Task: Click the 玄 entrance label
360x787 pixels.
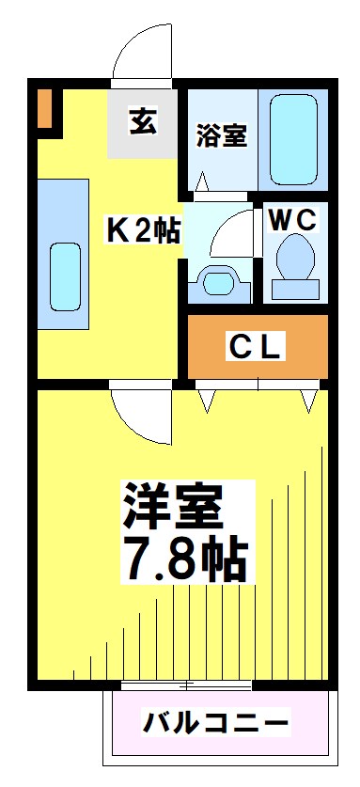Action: coord(143,121)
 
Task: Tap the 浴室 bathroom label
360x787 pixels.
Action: coord(222,135)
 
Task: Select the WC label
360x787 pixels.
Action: coord(294,221)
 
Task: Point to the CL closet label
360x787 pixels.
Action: coord(257,348)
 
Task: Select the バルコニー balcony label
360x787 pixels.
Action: coord(216,723)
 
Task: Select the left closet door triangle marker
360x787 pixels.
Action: coord(207,401)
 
